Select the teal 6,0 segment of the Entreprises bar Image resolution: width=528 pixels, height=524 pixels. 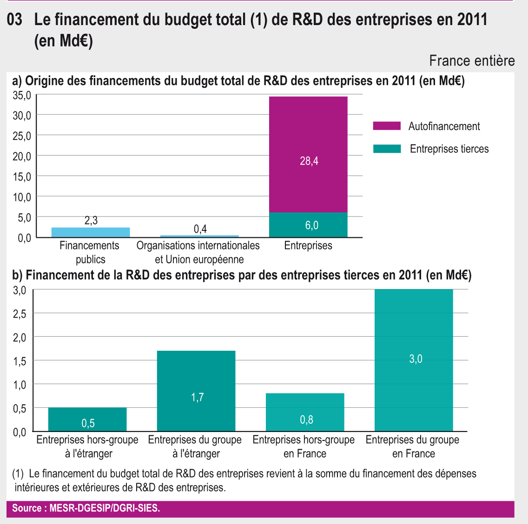tap(308, 225)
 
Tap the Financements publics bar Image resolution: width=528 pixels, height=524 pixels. tap(91, 232)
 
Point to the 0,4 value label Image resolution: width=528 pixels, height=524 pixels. tap(200, 229)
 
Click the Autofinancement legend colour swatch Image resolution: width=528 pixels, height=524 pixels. tap(386, 126)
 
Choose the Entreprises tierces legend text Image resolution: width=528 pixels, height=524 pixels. tap(449, 149)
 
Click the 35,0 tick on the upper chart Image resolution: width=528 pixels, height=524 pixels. tap(22, 95)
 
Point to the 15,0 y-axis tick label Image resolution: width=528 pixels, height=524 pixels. tap(22, 177)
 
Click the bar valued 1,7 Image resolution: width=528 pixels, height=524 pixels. tap(196, 391)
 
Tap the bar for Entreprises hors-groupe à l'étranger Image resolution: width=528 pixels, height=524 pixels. tap(87, 419)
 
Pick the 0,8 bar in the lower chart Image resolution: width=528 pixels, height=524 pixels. tap(305, 412)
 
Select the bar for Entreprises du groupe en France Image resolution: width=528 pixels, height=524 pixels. tap(414, 360)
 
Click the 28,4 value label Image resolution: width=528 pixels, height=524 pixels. tap(309, 161)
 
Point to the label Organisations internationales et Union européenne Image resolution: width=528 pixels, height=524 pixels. tap(198, 252)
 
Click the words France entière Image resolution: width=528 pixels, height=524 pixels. tap(472, 61)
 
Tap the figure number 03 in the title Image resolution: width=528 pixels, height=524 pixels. tap(15, 20)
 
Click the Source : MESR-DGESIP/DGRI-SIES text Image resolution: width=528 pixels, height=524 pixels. tap(86, 508)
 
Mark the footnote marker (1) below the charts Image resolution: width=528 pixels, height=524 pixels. tap(18, 474)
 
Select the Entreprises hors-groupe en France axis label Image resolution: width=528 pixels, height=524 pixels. tap(304, 446)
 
